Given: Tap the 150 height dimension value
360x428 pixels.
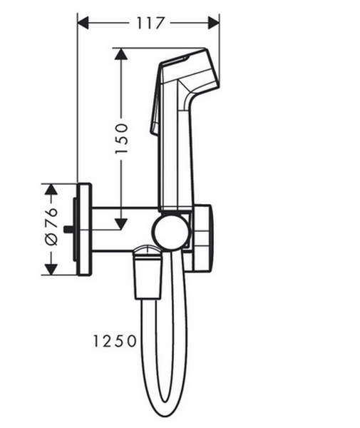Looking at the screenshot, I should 121,138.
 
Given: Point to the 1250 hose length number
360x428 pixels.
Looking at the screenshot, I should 114,341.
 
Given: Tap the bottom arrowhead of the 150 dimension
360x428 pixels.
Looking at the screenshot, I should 121,223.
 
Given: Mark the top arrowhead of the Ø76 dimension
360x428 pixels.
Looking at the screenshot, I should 50,189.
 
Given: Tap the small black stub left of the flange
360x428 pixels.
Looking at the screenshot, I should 68,230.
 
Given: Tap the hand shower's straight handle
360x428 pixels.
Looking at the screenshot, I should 175,157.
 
